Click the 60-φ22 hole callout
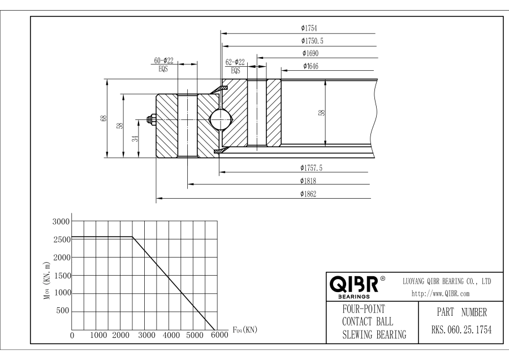click(x=164, y=61)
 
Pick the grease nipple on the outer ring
click(x=152, y=119)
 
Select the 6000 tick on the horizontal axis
click(x=217, y=335)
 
